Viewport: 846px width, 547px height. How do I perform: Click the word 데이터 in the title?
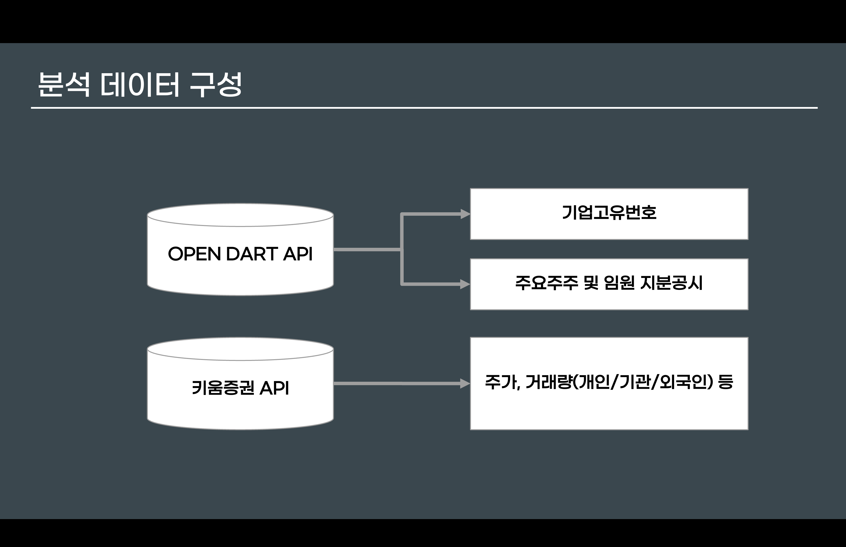(x=140, y=84)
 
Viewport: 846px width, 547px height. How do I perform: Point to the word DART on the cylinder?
(x=252, y=254)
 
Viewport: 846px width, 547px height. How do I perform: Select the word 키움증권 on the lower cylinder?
(x=223, y=388)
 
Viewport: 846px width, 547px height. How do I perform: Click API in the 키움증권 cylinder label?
(x=274, y=388)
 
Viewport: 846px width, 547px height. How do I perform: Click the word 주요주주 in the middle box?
(x=547, y=283)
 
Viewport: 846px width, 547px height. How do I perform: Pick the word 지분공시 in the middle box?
(x=671, y=283)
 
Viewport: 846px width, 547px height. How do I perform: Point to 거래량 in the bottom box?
(x=549, y=382)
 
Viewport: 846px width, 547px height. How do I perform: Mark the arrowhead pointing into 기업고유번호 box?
(x=465, y=214)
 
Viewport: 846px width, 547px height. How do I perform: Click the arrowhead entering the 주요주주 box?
(x=465, y=284)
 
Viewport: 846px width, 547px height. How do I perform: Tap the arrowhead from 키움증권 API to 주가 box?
(x=465, y=383)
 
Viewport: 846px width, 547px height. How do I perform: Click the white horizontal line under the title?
(x=424, y=108)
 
